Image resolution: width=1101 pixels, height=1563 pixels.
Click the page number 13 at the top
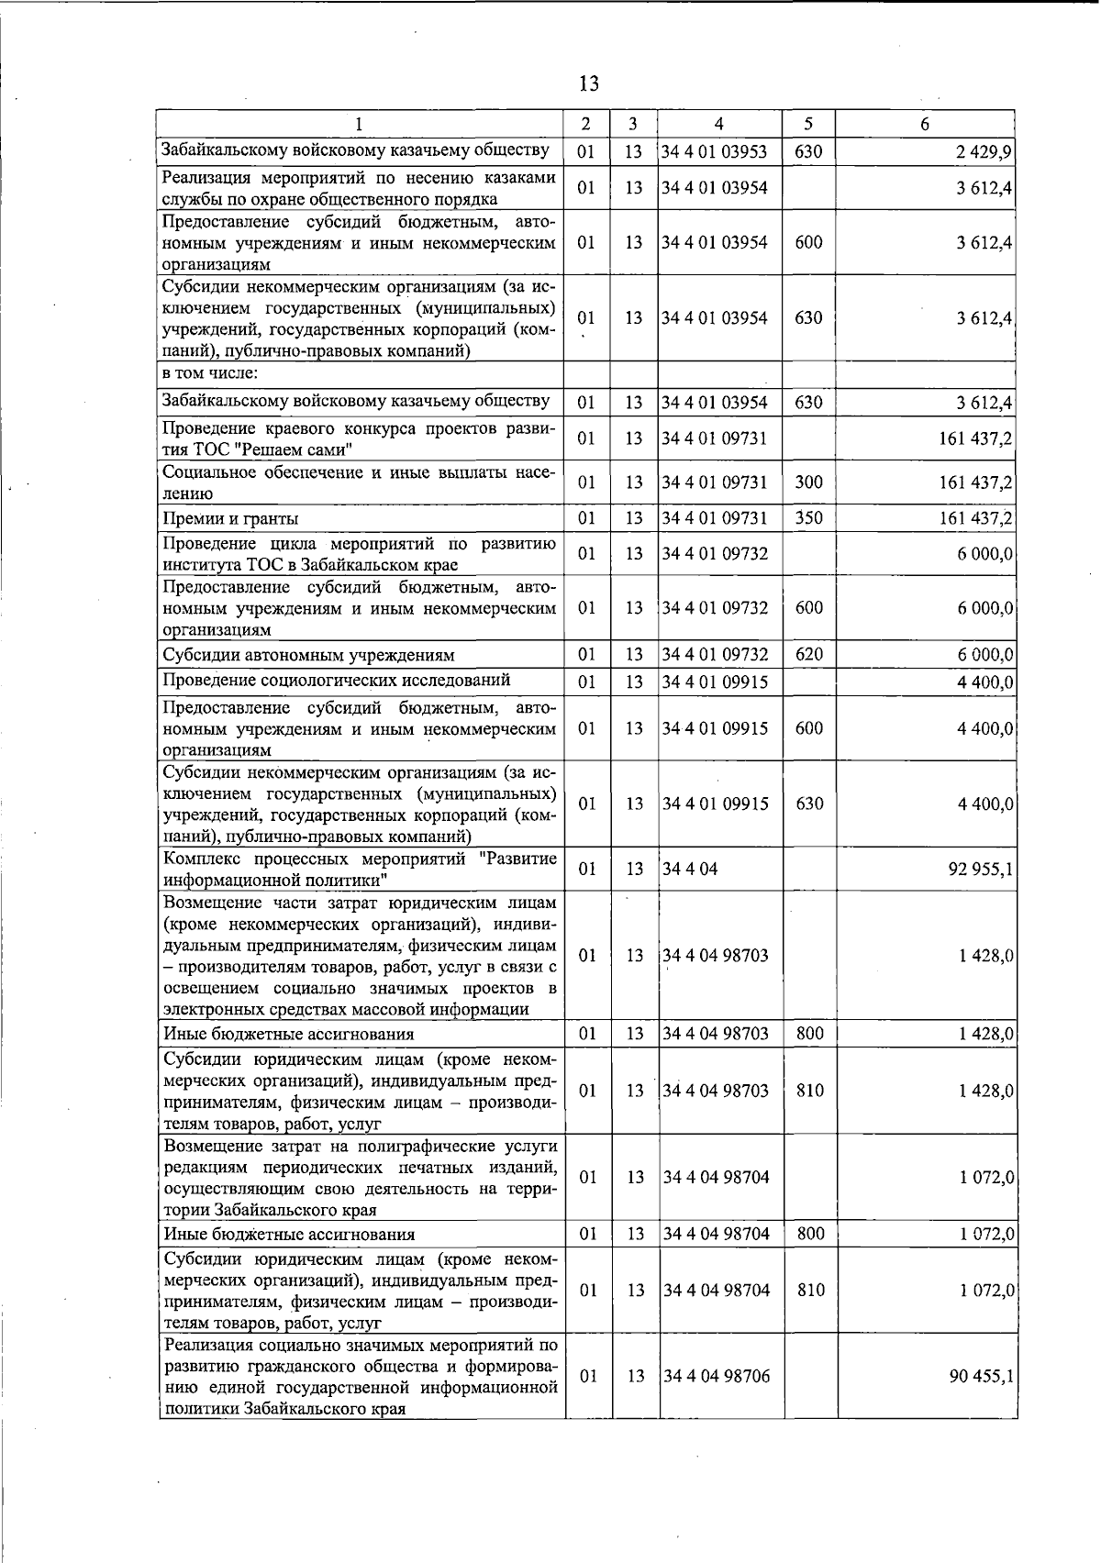tap(589, 83)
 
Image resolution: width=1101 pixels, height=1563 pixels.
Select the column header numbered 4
tap(718, 124)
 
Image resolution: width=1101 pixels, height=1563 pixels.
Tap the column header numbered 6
tap(925, 124)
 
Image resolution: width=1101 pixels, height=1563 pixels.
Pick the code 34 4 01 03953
tap(715, 151)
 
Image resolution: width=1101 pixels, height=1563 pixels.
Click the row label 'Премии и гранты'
tap(230, 519)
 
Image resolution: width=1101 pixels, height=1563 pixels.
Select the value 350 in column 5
tap(808, 518)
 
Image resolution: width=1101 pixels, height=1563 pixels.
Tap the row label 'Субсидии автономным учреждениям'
tap(308, 655)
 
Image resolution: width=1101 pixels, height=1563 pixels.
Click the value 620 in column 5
tap(808, 654)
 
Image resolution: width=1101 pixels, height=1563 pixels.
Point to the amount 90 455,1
tap(980, 1377)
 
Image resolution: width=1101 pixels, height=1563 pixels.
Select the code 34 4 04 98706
tap(716, 1376)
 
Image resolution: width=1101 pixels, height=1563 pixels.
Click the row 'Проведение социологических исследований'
tap(336, 680)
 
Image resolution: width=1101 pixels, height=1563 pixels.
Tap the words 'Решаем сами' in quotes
tap(295, 449)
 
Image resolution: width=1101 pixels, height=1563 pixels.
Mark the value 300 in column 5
tap(808, 482)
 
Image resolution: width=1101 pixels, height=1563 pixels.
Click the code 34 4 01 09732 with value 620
tap(715, 654)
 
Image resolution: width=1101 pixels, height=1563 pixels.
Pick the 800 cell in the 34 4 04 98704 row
tap(810, 1234)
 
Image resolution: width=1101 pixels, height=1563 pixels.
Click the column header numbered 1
tap(359, 124)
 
